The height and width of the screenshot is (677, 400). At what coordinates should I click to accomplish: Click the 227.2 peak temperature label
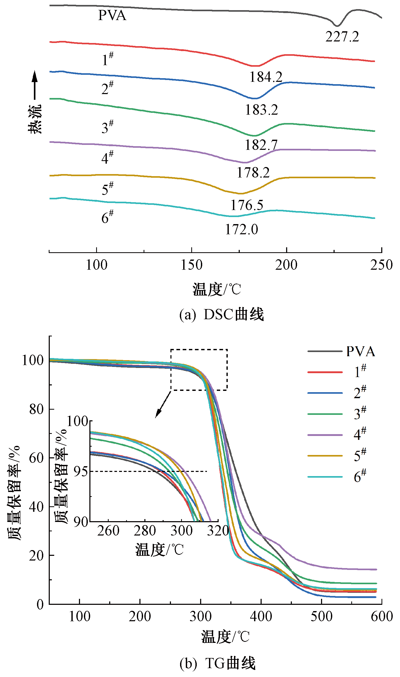342,37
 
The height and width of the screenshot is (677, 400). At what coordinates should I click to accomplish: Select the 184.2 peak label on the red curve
266,77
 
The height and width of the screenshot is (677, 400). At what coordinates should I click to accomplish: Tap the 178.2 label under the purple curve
253,173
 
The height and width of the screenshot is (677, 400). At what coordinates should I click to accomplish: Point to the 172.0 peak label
242,230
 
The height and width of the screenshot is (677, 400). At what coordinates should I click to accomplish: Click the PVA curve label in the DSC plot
112,15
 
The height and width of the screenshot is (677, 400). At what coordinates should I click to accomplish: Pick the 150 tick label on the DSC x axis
191,265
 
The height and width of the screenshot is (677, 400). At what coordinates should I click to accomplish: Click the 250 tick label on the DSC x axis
381,265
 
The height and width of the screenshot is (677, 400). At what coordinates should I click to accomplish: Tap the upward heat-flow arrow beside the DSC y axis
34,85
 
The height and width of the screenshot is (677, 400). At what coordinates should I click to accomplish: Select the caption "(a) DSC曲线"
221,315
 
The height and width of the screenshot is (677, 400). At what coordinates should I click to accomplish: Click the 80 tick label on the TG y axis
36,409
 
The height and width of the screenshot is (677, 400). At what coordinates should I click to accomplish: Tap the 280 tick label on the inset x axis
145,531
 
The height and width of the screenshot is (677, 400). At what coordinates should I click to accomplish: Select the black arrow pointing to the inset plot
163,404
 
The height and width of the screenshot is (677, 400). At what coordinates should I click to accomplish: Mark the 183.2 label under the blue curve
261,110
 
